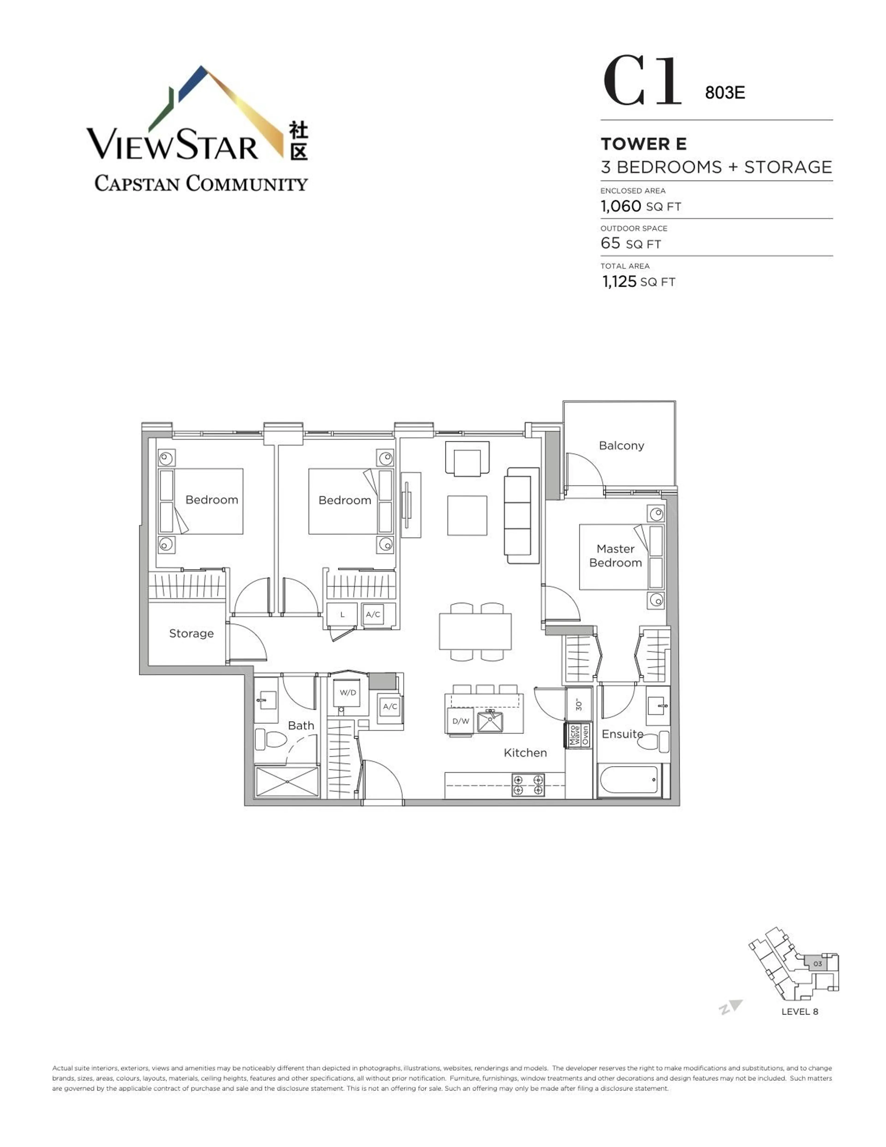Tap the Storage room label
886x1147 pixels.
tap(191, 633)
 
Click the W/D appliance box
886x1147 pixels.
tap(347, 693)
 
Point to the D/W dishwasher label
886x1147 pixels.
tap(460, 721)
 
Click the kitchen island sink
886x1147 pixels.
tap(490, 722)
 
